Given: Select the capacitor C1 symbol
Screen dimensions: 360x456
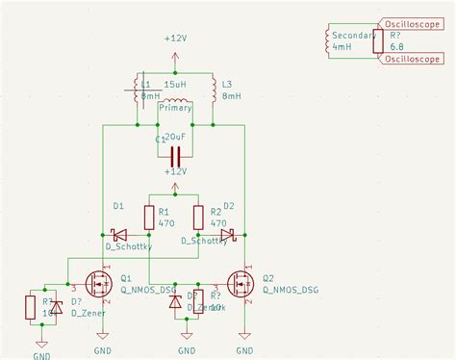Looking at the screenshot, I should [175, 156].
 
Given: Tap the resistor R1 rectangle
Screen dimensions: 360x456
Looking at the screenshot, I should [148, 218].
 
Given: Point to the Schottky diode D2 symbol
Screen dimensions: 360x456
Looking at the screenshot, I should [227, 234].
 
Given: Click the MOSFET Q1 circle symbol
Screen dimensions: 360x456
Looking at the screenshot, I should [98, 284].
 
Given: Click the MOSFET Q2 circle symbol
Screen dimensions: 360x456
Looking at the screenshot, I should [240, 284].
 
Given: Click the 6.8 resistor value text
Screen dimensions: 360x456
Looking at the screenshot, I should [395, 46].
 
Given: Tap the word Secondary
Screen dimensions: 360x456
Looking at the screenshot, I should [352, 35].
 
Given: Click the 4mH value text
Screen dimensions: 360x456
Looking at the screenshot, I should [342, 46].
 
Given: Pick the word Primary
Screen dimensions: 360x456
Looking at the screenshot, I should [175, 109].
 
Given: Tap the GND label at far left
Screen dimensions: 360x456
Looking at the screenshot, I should [41, 354].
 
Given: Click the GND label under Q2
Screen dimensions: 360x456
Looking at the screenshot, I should [244, 350].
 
